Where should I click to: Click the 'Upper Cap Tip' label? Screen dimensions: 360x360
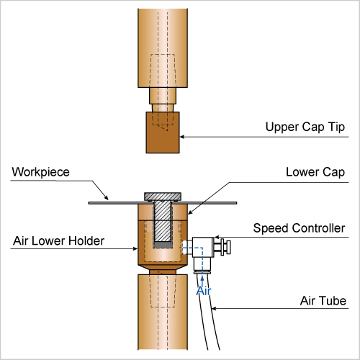[305, 127]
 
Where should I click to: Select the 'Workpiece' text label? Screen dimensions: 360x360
[41, 172]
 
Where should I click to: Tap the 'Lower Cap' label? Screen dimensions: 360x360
[315, 172]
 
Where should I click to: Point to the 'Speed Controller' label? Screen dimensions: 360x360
[299, 228]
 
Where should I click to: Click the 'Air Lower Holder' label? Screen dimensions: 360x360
[59, 240]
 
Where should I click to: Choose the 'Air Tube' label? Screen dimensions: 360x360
[323, 301]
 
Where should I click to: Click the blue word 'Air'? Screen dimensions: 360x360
[204, 291]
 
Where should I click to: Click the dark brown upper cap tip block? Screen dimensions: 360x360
[163, 132]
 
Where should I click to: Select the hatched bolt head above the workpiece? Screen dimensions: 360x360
[163, 197]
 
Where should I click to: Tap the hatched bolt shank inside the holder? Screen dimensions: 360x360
[163, 221]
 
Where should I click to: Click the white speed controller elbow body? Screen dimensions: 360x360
[203, 253]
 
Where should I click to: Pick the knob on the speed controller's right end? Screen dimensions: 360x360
[225, 247]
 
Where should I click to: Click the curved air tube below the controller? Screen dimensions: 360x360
[208, 312]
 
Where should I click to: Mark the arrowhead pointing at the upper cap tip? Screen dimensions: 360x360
[182, 137]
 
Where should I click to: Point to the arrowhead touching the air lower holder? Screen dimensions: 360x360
[135, 248]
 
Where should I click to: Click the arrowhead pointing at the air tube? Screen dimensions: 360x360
[214, 308]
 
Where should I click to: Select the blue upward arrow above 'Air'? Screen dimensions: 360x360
[202, 281]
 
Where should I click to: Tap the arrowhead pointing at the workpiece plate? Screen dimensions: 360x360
[107, 198]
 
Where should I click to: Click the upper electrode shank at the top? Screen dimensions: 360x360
[163, 48]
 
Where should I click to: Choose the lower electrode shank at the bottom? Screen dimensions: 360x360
[163, 312]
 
